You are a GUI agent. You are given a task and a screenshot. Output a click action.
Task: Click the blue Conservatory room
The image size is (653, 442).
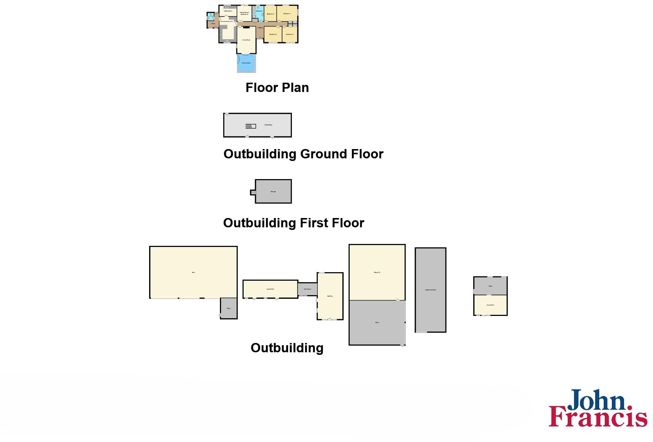[x=246, y=63]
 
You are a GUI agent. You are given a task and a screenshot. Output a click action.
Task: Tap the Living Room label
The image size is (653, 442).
[x=246, y=40]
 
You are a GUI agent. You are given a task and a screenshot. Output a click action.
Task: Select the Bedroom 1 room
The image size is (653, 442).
[x=287, y=14]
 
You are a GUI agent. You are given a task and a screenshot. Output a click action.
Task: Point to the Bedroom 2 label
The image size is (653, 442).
[x=273, y=34]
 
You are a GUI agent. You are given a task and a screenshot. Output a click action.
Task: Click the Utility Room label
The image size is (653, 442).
[x=228, y=11]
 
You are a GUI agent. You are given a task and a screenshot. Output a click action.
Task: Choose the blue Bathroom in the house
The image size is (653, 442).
[x=259, y=11]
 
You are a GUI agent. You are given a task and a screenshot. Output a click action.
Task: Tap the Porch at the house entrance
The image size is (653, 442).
[x=213, y=24]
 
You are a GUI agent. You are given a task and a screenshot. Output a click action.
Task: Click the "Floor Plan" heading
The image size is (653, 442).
[x=277, y=88]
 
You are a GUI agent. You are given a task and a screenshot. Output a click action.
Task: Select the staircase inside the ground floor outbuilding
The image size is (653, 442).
[x=251, y=126]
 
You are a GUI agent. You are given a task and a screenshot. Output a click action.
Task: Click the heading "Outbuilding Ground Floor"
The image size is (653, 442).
[x=303, y=154]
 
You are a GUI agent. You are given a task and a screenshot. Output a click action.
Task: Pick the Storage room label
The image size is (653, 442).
[x=273, y=192]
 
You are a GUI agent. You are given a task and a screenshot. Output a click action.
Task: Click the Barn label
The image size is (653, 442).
[x=193, y=273]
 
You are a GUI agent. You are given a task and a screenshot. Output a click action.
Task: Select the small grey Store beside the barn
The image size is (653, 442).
[x=229, y=309]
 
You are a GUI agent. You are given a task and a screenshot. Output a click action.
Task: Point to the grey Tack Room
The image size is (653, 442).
[x=307, y=289]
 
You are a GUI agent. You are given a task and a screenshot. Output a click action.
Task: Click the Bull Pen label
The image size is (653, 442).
[x=330, y=296]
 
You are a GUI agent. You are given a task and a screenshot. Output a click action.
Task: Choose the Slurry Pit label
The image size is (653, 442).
[x=377, y=273]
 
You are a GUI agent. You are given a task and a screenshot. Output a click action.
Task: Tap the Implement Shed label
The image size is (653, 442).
[x=431, y=290]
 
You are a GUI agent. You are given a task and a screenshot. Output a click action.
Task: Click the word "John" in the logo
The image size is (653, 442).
[x=597, y=402]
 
